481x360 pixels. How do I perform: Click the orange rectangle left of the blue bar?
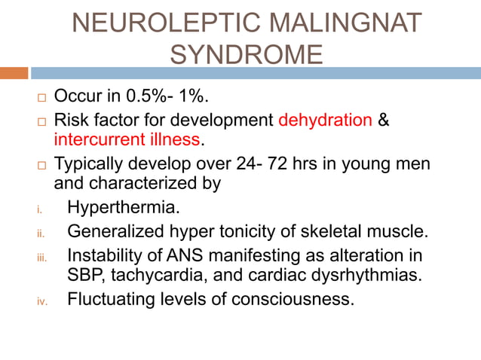tap(14, 73)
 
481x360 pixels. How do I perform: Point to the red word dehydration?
tap(325, 121)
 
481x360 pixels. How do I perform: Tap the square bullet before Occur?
tap(41, 99)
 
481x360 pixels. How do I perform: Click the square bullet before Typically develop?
tap(41, 164)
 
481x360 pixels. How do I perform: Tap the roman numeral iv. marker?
tap(42, 301)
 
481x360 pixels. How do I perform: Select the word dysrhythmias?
tap(369, 276)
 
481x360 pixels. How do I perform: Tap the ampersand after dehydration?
tap(383, 121)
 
